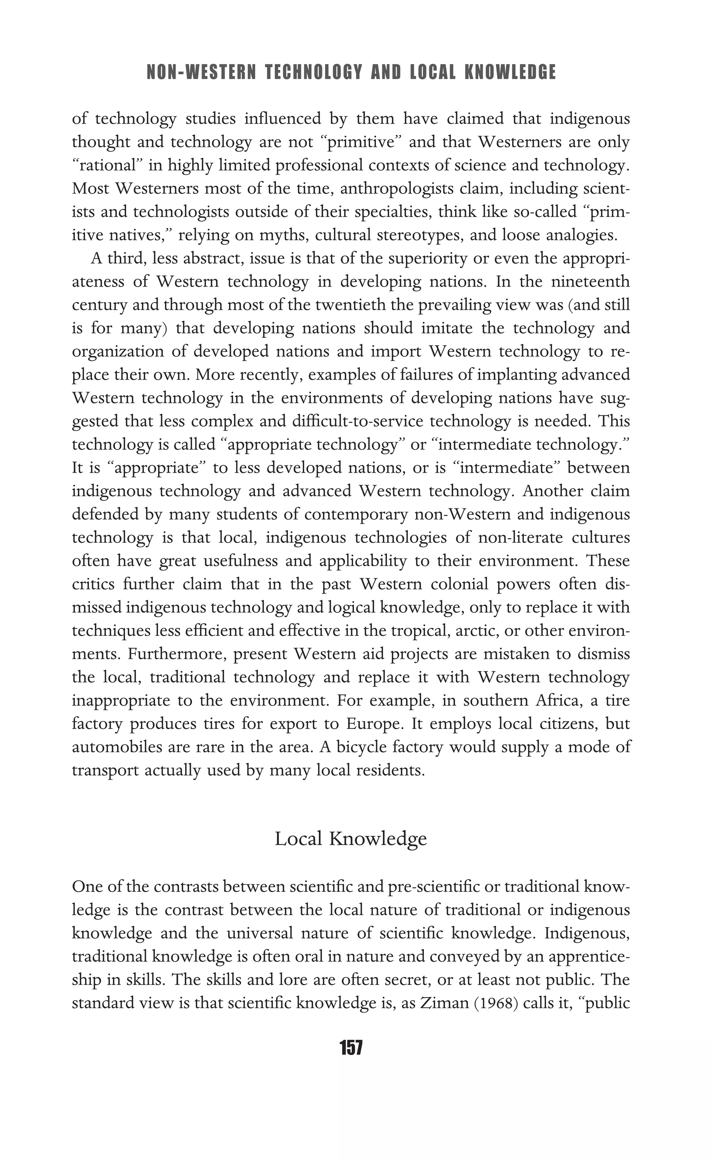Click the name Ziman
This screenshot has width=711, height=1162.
point(441,1003)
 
